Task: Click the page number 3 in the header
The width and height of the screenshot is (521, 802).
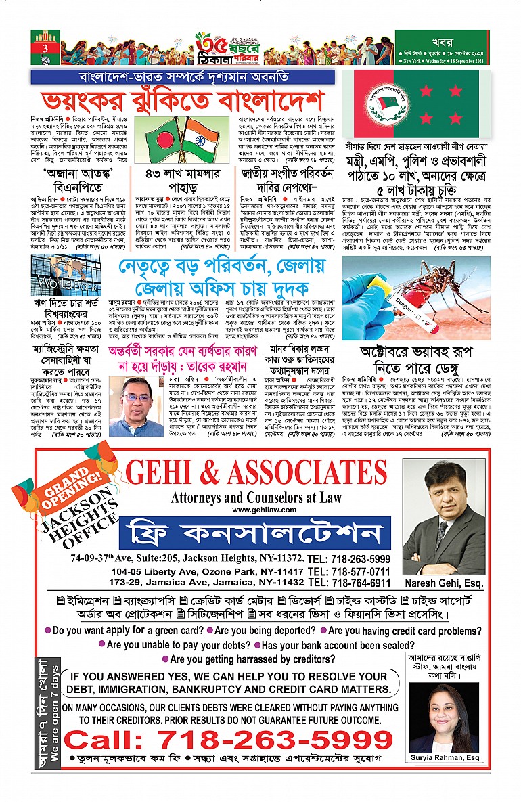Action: click(45, 48)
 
